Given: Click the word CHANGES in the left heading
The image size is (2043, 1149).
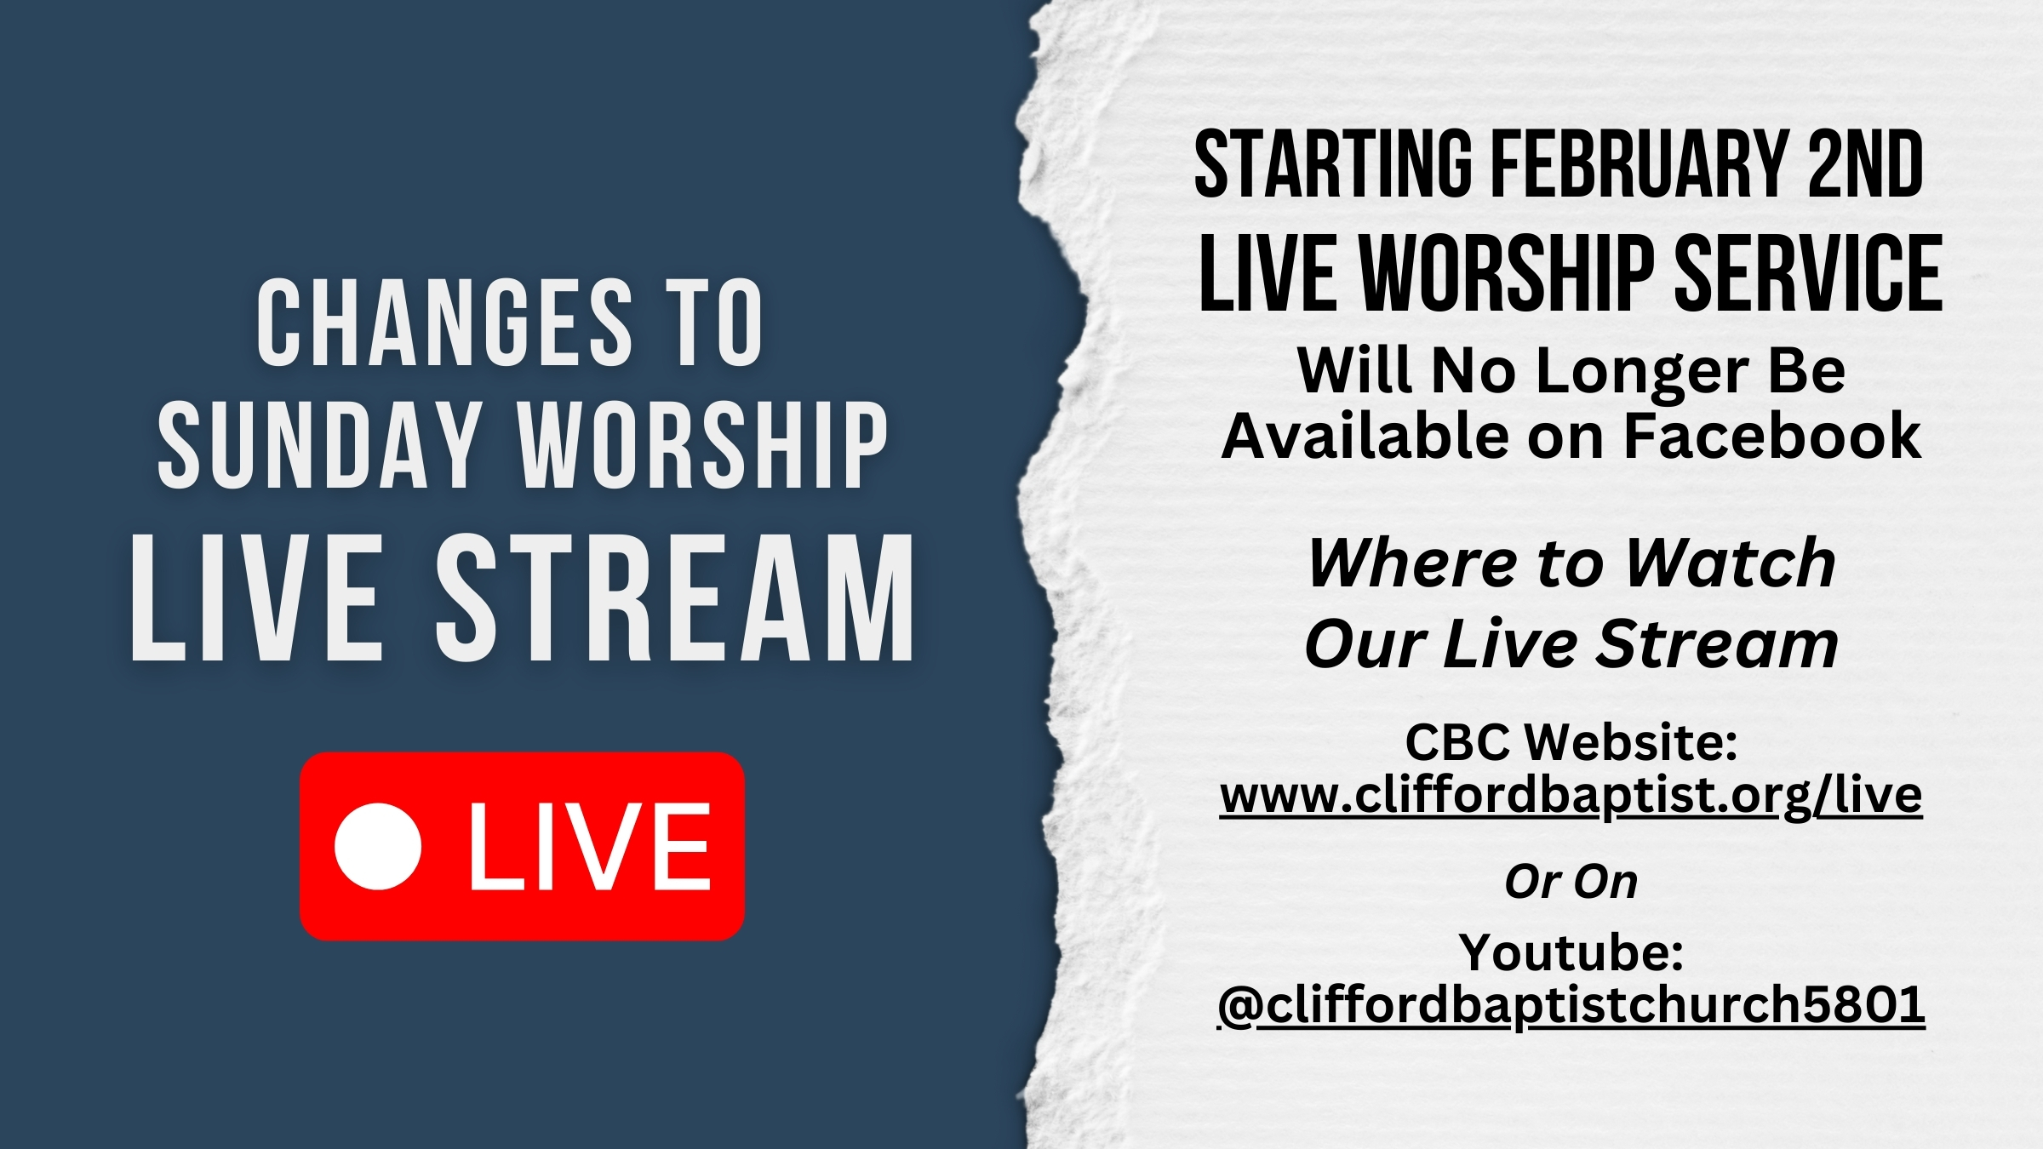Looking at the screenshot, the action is [x=445, y=323].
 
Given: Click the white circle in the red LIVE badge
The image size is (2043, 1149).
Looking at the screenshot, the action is [x=378, y=846].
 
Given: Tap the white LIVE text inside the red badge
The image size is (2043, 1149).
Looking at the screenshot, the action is [x=590, y=847].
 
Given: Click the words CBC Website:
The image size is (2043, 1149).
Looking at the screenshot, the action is [x=1571, y=741].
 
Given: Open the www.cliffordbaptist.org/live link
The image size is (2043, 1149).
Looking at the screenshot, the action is [x=1571, y=796].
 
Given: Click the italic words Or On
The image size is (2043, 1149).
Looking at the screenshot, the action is [x=1571, y=882].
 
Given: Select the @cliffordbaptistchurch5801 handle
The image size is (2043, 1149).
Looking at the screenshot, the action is [x=1571, y=1005].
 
